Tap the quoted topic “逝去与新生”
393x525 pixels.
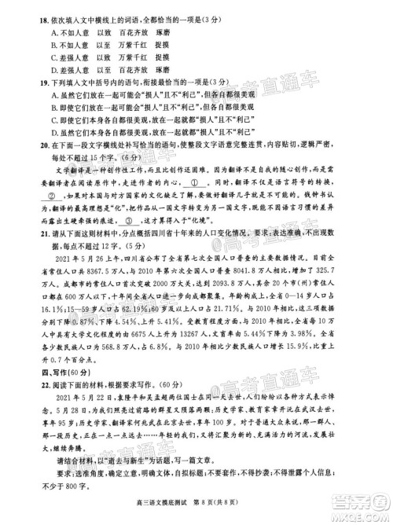pos(128,488)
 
